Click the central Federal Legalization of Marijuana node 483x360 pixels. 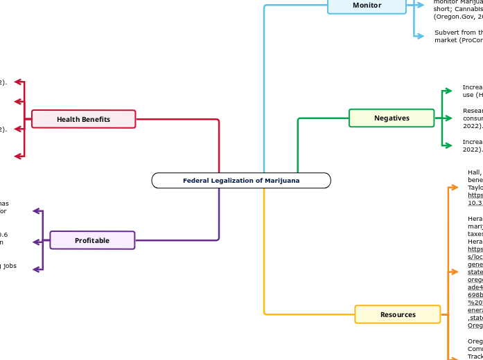[x=241, y=181]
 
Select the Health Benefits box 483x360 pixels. [x=83, y=119]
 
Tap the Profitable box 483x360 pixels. [x=92, y=240]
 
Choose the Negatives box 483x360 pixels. [x=392, y=118]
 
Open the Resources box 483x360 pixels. [x=398, y=314]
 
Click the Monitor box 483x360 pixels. [x=367, y=6]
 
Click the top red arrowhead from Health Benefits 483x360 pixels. [x=18, y=82]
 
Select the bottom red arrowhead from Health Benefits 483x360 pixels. [x=18, y=156]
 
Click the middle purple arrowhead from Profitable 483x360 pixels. [x=37, y=242]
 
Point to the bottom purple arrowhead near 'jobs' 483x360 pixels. [x=37, y=269]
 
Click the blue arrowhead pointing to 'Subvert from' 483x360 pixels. [x=420, y=36]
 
